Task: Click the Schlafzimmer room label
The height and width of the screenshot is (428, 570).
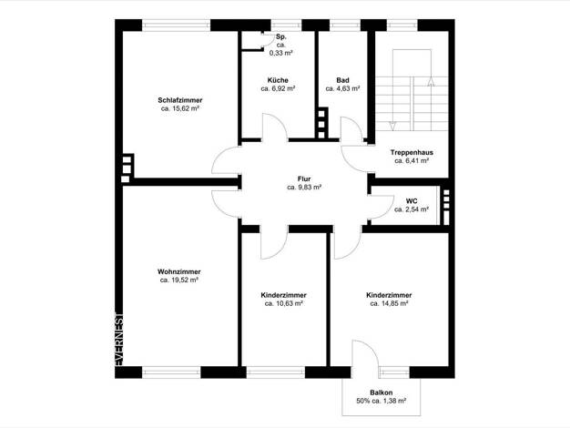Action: [x=180, y=100]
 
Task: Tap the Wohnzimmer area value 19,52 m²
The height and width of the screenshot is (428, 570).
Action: [x=178, y=280]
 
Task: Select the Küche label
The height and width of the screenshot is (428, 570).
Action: [x=278, y=80]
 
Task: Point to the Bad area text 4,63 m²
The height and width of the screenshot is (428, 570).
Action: [x=342, y=88]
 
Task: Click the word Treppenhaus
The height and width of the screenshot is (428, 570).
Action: [x=412, y=152]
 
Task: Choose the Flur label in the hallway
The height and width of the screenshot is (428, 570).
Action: [x=304, y=178]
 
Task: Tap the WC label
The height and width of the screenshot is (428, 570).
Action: [x=412, y=200]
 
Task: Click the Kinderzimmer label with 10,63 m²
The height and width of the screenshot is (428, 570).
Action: [x=283, y=295]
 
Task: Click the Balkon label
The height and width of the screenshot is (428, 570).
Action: [x=382, y=392]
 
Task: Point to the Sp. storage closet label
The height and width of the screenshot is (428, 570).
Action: [x=281, y=36]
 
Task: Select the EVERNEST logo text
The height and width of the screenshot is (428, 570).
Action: [x=119, y=339]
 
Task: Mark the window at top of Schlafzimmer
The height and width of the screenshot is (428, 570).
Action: [x=176, y=25]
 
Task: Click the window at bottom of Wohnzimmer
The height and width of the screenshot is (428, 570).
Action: [x=171, y=372]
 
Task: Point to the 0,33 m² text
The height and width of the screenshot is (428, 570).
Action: [x=281, y=53]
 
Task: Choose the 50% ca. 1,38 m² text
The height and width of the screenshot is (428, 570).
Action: [x=382, y=401]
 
